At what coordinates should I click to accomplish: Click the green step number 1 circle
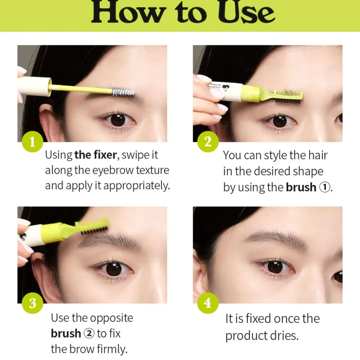coord(32,142)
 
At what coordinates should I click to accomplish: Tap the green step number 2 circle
coord(208,142)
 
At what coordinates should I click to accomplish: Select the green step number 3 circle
coord(32,303)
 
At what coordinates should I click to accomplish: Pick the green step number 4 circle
coord(208,303)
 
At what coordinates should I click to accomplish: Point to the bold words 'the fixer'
coord(96,155)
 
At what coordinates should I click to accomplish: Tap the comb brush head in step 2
coord(289,96)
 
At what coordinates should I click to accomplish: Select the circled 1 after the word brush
coord(325,187)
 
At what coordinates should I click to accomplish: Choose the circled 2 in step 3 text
coord(89,333)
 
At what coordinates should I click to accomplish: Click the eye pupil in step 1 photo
coord(118,120)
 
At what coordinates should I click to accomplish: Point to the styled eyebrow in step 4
coord(275,239)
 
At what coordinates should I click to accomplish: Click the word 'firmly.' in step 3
coord(112,349)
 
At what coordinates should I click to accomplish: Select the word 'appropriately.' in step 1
coord(137,186)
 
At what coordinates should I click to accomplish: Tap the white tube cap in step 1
coord(35,86)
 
